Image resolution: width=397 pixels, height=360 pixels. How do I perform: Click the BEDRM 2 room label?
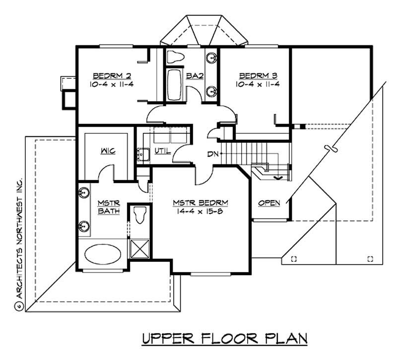(x=112, y=75)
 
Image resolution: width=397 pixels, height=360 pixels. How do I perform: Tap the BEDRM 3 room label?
(x=259, y=75)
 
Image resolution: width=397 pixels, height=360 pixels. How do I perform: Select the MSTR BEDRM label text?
(x=200, y=203)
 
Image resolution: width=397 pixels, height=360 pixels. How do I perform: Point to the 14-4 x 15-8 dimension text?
(x=200, y=211)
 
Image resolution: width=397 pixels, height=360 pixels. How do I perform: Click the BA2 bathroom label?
(x=193, y=76)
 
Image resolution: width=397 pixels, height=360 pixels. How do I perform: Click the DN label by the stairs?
(x=213, y=154)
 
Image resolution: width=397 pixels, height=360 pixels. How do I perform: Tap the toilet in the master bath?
(x=139, y=215)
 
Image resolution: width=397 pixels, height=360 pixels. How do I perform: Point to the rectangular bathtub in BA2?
(x=175, y=85)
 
